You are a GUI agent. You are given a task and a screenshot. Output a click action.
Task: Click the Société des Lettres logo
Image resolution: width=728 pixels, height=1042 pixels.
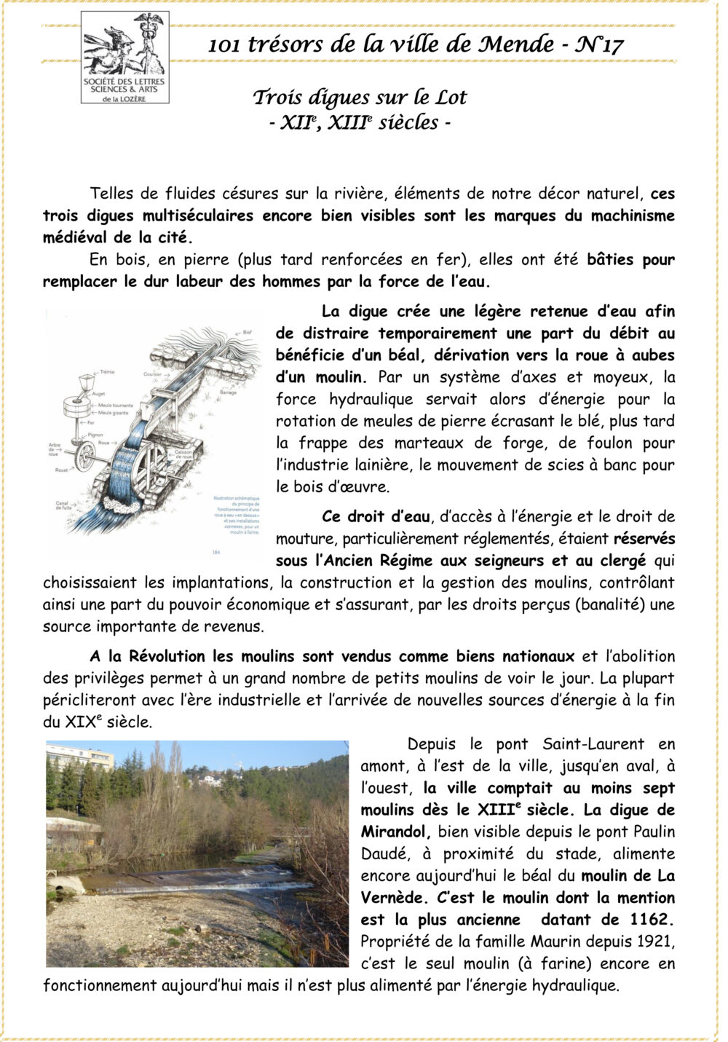pyautogui.click(x=124, y=58)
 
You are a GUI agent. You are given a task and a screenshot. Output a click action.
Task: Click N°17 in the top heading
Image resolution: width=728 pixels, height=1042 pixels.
pyautogui.click(x=600, y=44)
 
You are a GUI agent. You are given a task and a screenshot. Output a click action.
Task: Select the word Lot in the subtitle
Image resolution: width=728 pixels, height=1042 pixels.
pyautogui.click(x=451, y=98)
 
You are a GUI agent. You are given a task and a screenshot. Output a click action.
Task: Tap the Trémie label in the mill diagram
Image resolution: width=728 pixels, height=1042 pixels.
pyautogui.click(x=107, y=372)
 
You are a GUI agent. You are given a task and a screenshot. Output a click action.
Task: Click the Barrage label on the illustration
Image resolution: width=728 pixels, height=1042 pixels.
pyautogui.click(x=228, y=392)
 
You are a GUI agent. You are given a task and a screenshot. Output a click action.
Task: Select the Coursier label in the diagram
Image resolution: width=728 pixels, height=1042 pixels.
pyautogui.click(x=153, y=374)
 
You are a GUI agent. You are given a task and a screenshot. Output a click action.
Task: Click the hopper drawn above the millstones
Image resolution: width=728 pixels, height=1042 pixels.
pyautogui.click(x=85, y=382)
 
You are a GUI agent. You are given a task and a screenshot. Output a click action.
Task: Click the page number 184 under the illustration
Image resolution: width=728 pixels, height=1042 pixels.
pyautogui.click(x=215, y=552)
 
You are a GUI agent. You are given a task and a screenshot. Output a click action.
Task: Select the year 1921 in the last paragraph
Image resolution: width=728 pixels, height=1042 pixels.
pyautogui.click(x=652, y=942)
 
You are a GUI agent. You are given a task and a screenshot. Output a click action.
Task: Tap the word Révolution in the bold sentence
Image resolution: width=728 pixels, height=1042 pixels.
pyautogui.click(x=168, y=656)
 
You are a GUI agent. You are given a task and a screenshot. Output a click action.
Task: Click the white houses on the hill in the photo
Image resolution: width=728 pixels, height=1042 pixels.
pyautogui.click(x=212, y=778)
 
